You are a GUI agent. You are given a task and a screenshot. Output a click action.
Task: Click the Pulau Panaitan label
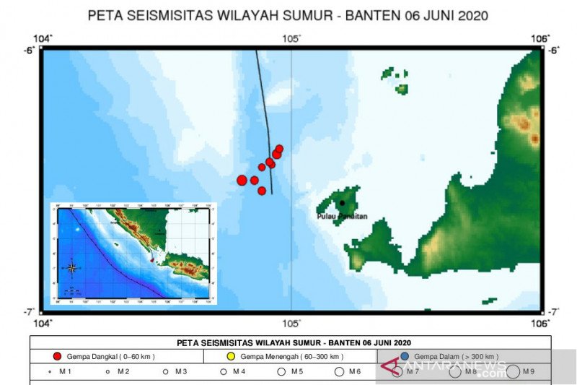point(343,216)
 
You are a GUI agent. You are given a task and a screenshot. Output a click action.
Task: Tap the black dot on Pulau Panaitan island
point(342,203)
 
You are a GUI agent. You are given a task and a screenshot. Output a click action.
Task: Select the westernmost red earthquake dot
point(242,180)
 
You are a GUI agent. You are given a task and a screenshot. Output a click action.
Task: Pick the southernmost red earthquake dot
point(262,191)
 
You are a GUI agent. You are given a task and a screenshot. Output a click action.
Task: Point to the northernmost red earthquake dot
point(280,148)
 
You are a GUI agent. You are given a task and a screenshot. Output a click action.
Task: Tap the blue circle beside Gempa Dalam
point(405,357)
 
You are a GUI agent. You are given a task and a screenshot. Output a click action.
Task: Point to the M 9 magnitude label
point(527,372)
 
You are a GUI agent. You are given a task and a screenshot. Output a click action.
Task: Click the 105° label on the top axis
point(291,38)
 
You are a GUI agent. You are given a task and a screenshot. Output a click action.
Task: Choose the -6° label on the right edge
point(554,50)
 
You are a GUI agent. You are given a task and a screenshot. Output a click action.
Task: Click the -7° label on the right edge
point(554,311)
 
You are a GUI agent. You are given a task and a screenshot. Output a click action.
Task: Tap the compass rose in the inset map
point(71,268)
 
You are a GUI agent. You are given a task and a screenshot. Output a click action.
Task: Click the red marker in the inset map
point(151,259)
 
